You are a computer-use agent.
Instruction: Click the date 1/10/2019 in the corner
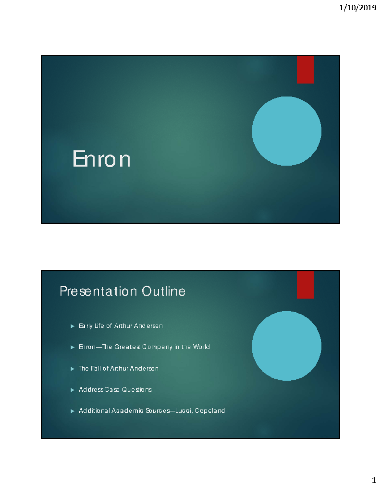[358, 8]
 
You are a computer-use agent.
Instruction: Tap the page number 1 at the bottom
[374, 480]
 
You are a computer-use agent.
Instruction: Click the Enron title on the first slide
[101, 159]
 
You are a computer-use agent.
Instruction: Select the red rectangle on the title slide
[305, 70]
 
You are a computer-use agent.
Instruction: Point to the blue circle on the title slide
[286, 131]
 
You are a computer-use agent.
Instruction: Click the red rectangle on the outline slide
[305, 285]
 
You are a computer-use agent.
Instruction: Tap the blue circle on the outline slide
[286, 346]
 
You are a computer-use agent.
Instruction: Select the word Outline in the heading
[164, 291]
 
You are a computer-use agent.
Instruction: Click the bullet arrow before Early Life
[72, 326]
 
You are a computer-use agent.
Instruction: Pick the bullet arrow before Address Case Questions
[72, 390]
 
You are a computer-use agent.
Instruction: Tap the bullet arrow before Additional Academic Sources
[72, 411]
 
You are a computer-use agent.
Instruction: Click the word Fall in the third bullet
[96, 368]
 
